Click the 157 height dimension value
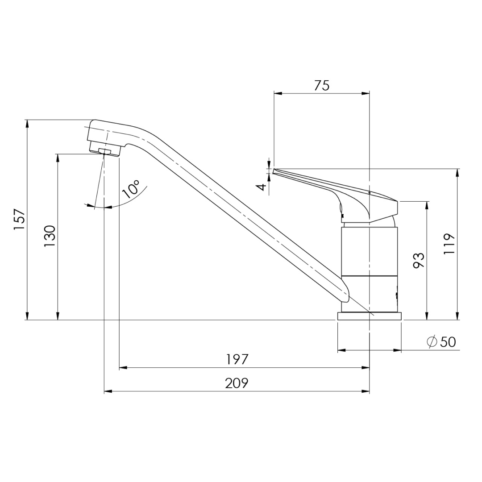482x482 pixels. pyautogui.click(x=19, y=220)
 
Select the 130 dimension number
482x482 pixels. pyautogui.click(x=50, y=236)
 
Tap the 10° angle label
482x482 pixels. pyautogui.click(x=131, y=189)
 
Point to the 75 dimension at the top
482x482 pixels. pyautogui.click(x=321, y=85)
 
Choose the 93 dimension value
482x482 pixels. pyautogui.click(x=419, y=260)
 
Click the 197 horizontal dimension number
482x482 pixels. pyautogui.click(x=237, y=359)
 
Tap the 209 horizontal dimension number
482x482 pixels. pyautogui.click(x=237, y=383)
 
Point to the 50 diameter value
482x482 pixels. pyautogui.click(x=448, y=342)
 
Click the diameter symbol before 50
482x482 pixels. pyautogui.click(x=432, y=342)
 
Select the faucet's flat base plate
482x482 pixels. pyautogui.click(x=370, y=316)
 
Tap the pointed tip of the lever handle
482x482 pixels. pyautogui.click(x=274, y=170)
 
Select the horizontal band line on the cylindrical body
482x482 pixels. pyautogui.click(x=369, y=275)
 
